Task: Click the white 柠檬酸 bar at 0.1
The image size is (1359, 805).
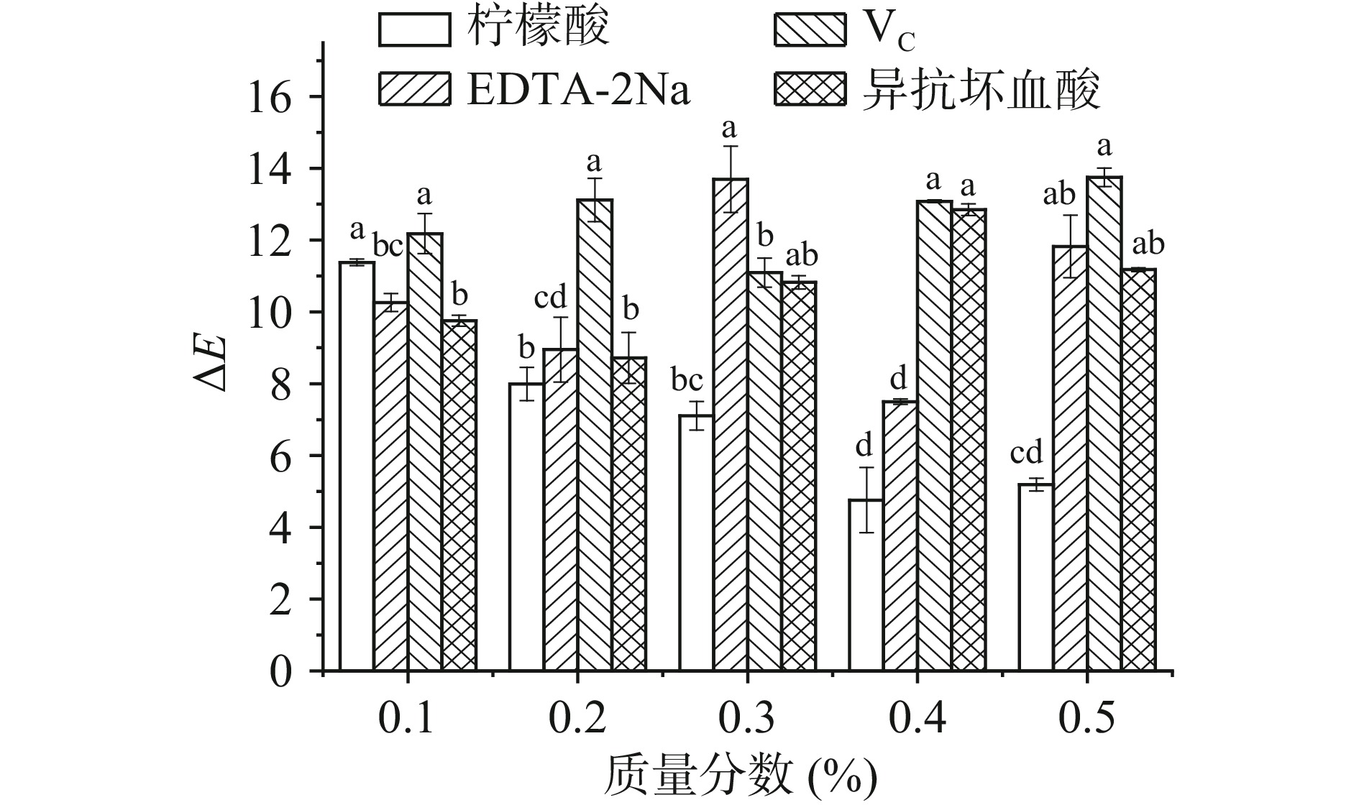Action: coord(357,467)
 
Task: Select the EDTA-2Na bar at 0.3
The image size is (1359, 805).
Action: coord(731,424)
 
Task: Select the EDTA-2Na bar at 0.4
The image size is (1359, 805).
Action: coord(900,535)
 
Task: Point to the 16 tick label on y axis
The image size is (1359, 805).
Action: coord(271,97)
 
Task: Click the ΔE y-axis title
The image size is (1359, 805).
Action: coord(213,363)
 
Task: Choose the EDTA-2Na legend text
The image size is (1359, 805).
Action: coord(580,91)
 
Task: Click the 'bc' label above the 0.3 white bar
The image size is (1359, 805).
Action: coord(687,380)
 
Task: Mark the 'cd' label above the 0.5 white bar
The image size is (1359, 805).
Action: coord(1026,454)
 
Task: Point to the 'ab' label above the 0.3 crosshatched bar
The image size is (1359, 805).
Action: coord(802,255)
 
